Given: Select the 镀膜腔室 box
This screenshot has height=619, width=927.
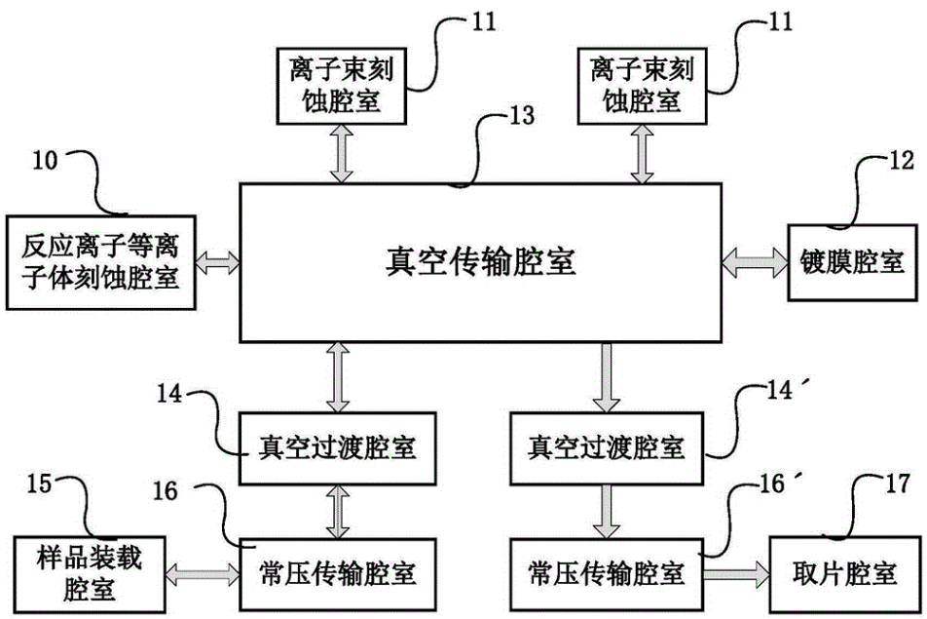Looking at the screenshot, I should (x=847, y=260).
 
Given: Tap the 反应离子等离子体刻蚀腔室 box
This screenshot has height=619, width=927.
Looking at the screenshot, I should (x=99, y=260).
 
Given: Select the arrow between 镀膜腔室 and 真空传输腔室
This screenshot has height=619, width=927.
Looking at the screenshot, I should (x=756, y=260).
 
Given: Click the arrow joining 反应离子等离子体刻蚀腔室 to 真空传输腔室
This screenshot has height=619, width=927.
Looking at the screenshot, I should (x=217, y=260).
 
